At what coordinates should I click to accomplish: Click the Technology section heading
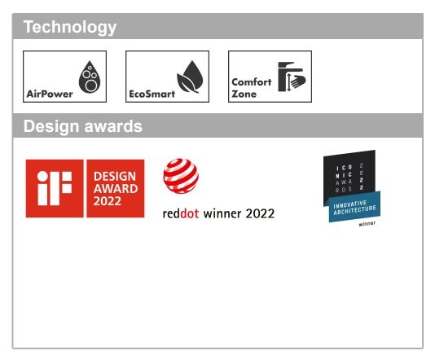(x=70, y=28)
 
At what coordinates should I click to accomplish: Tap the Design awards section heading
(x=82, y=126)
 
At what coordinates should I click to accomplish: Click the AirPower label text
(x=50, y=94)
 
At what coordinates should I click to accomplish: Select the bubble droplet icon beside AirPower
(x=90, y=77)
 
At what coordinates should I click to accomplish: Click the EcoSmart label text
(x=152, y=94)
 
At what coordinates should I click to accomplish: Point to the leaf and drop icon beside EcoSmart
(x=190, y=77)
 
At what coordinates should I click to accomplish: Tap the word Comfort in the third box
(x=252, y=82)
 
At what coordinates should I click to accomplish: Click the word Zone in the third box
(x=244, y=94)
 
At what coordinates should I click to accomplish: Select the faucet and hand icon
(x=292, y=77)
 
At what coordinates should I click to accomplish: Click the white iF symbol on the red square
(x=55, y=188)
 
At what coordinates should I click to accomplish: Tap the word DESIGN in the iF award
(x=115, y=177)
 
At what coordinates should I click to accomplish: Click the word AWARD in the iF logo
(x=116, y=189)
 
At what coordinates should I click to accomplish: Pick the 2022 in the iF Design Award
(x=107, y=201)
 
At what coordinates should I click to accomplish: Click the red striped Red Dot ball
(x=181, y=176)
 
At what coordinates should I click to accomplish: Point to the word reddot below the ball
(x=181, y=213)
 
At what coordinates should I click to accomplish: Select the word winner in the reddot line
(x=222, y=213)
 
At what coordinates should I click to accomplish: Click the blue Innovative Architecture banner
(x=354, y=207)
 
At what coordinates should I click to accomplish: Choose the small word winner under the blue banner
(x=367, y=224)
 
